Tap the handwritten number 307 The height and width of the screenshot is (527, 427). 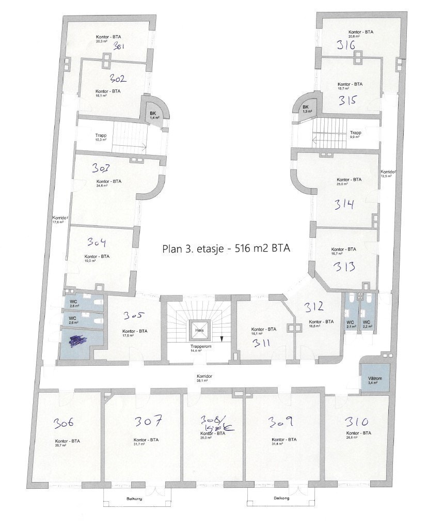[x=149, y=421]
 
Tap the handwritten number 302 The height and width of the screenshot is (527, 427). [x=119, y=79]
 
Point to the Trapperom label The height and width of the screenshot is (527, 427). [x=196, y=347]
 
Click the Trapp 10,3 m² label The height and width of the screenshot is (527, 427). [x=101, y=138]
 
